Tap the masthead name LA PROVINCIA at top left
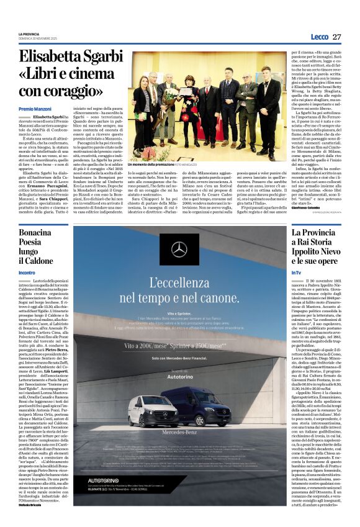click(x=29, y=34)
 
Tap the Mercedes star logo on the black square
click(x=179, y=250)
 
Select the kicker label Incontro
click(x=27, y=273)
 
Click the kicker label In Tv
click(x=297, y=273)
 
